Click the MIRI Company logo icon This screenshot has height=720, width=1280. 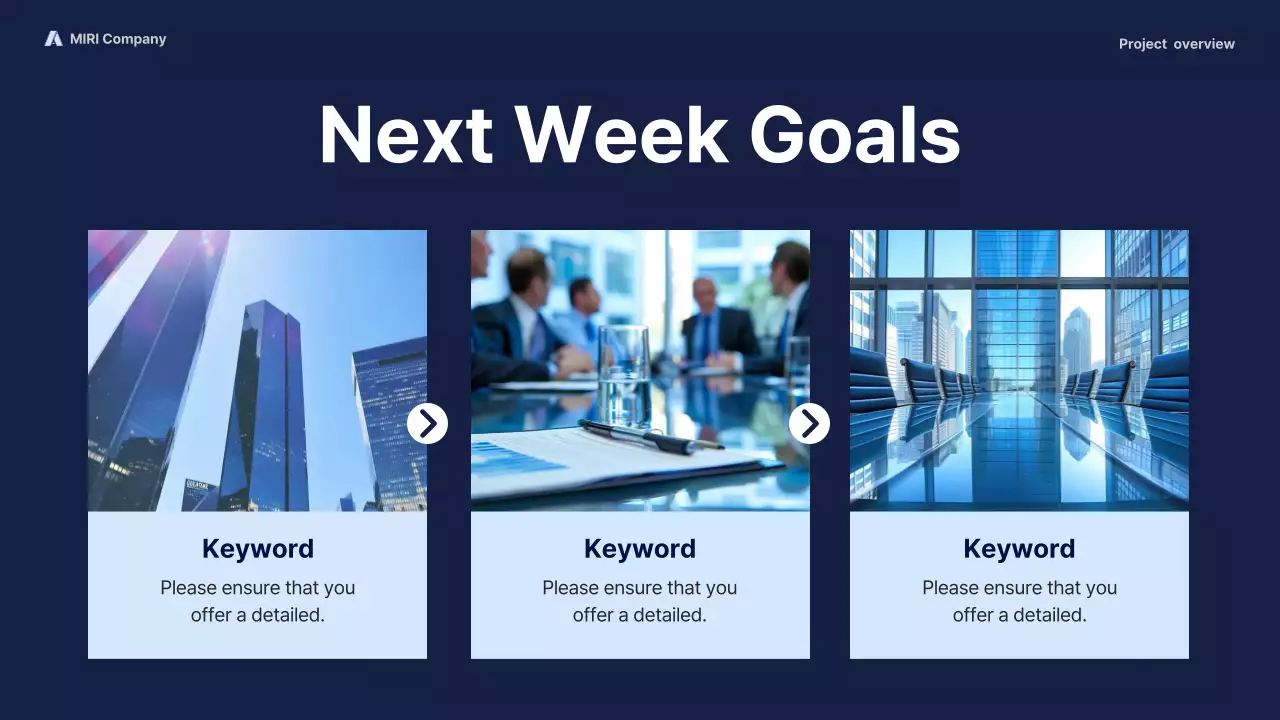pos(53,39)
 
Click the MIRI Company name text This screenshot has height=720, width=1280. pos(118,39)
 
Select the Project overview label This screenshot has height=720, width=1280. pos(1176,44)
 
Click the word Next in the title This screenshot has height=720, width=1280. pos(405,134)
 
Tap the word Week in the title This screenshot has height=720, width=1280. pos(621,134)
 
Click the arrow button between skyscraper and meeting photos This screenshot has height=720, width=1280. pos(427,424)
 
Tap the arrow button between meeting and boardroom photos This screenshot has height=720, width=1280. pos(809,424)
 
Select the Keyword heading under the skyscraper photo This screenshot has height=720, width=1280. pos(257,549)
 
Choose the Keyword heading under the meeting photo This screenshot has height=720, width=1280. pos(639,549)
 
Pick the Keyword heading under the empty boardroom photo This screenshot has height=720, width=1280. pos(1019,549)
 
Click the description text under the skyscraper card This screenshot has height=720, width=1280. pos(257,601)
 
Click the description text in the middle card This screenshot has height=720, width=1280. pos(639,601)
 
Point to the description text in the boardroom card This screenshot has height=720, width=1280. pos(1019,601)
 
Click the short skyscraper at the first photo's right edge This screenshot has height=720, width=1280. pos(392,420)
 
